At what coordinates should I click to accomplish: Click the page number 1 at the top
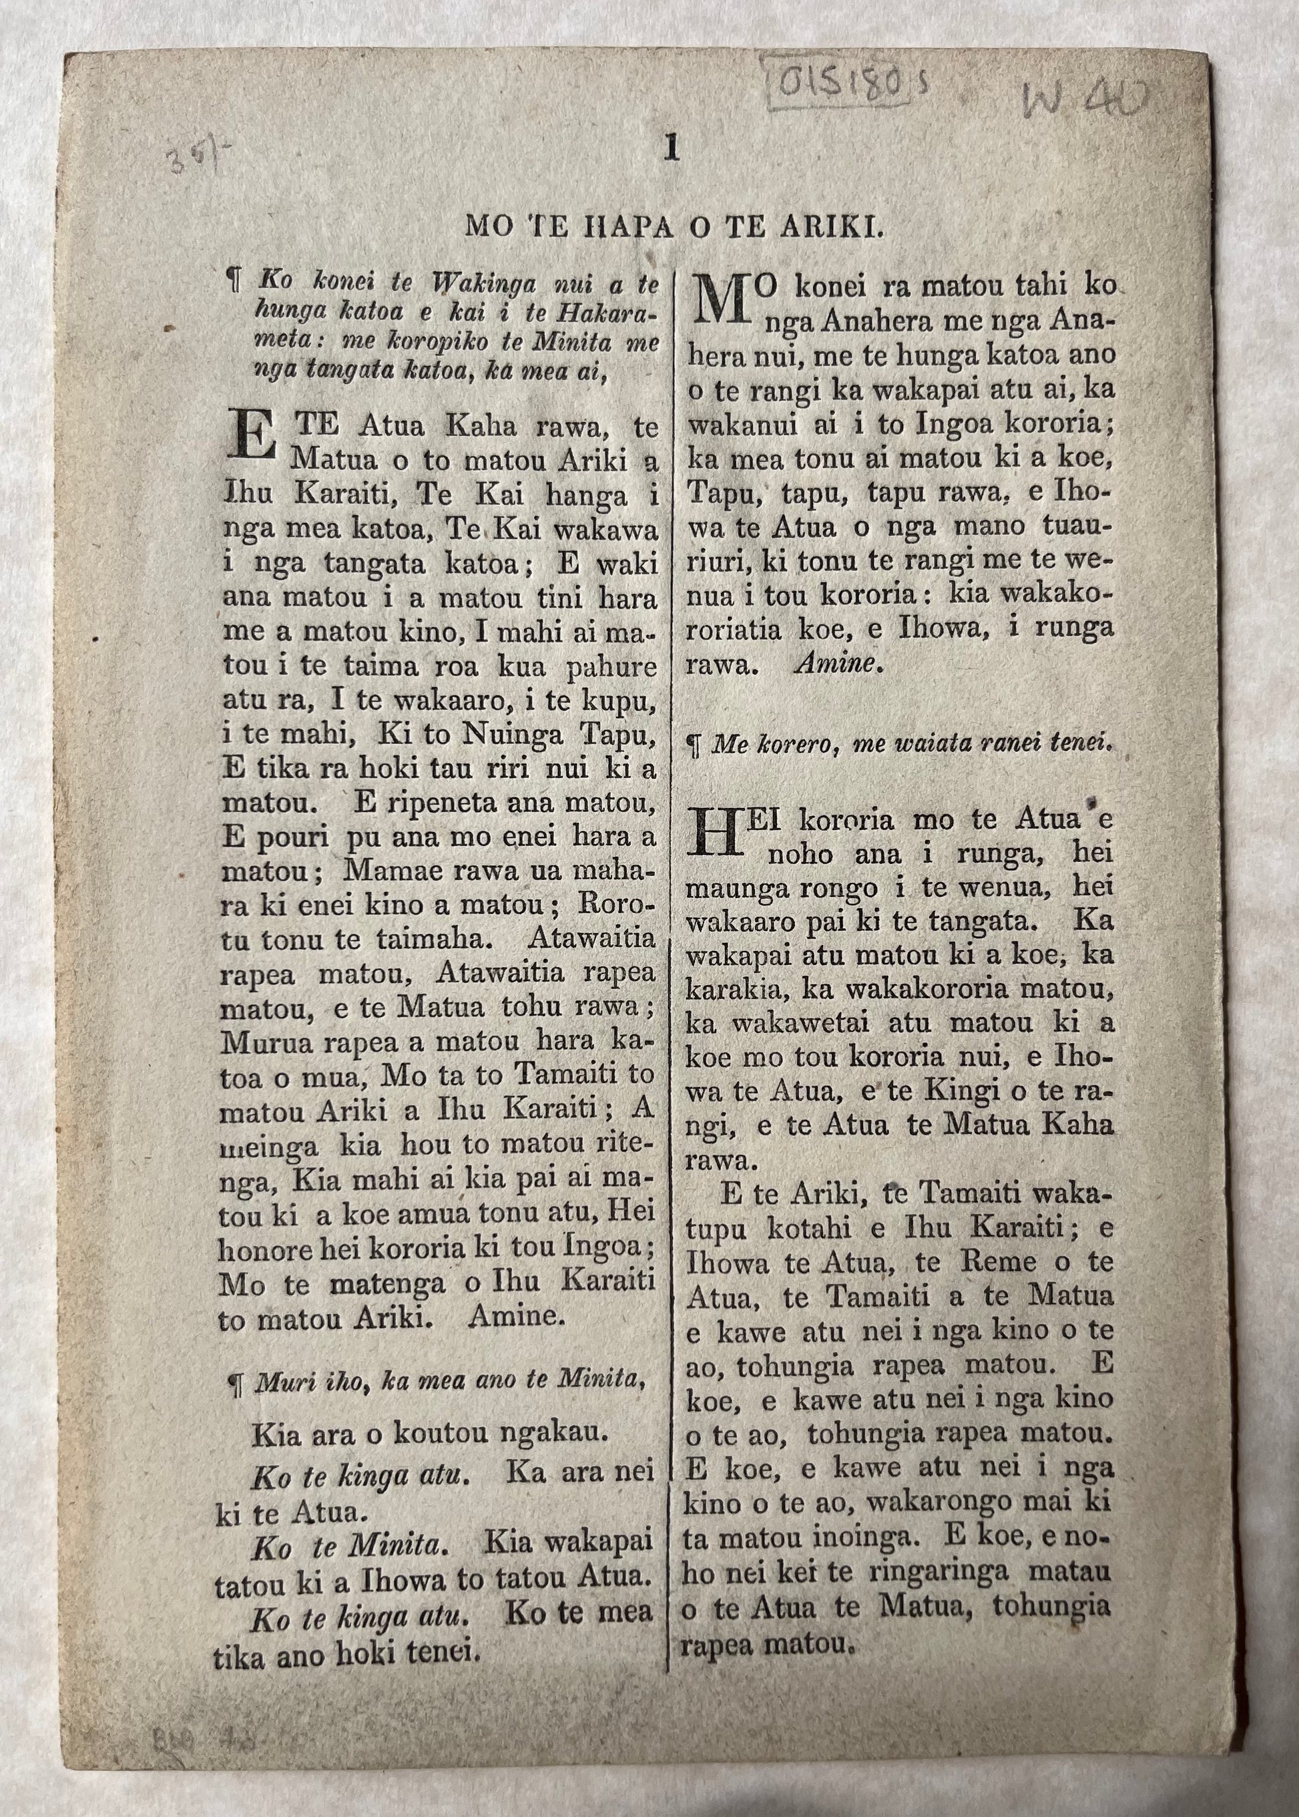pos(671,150)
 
